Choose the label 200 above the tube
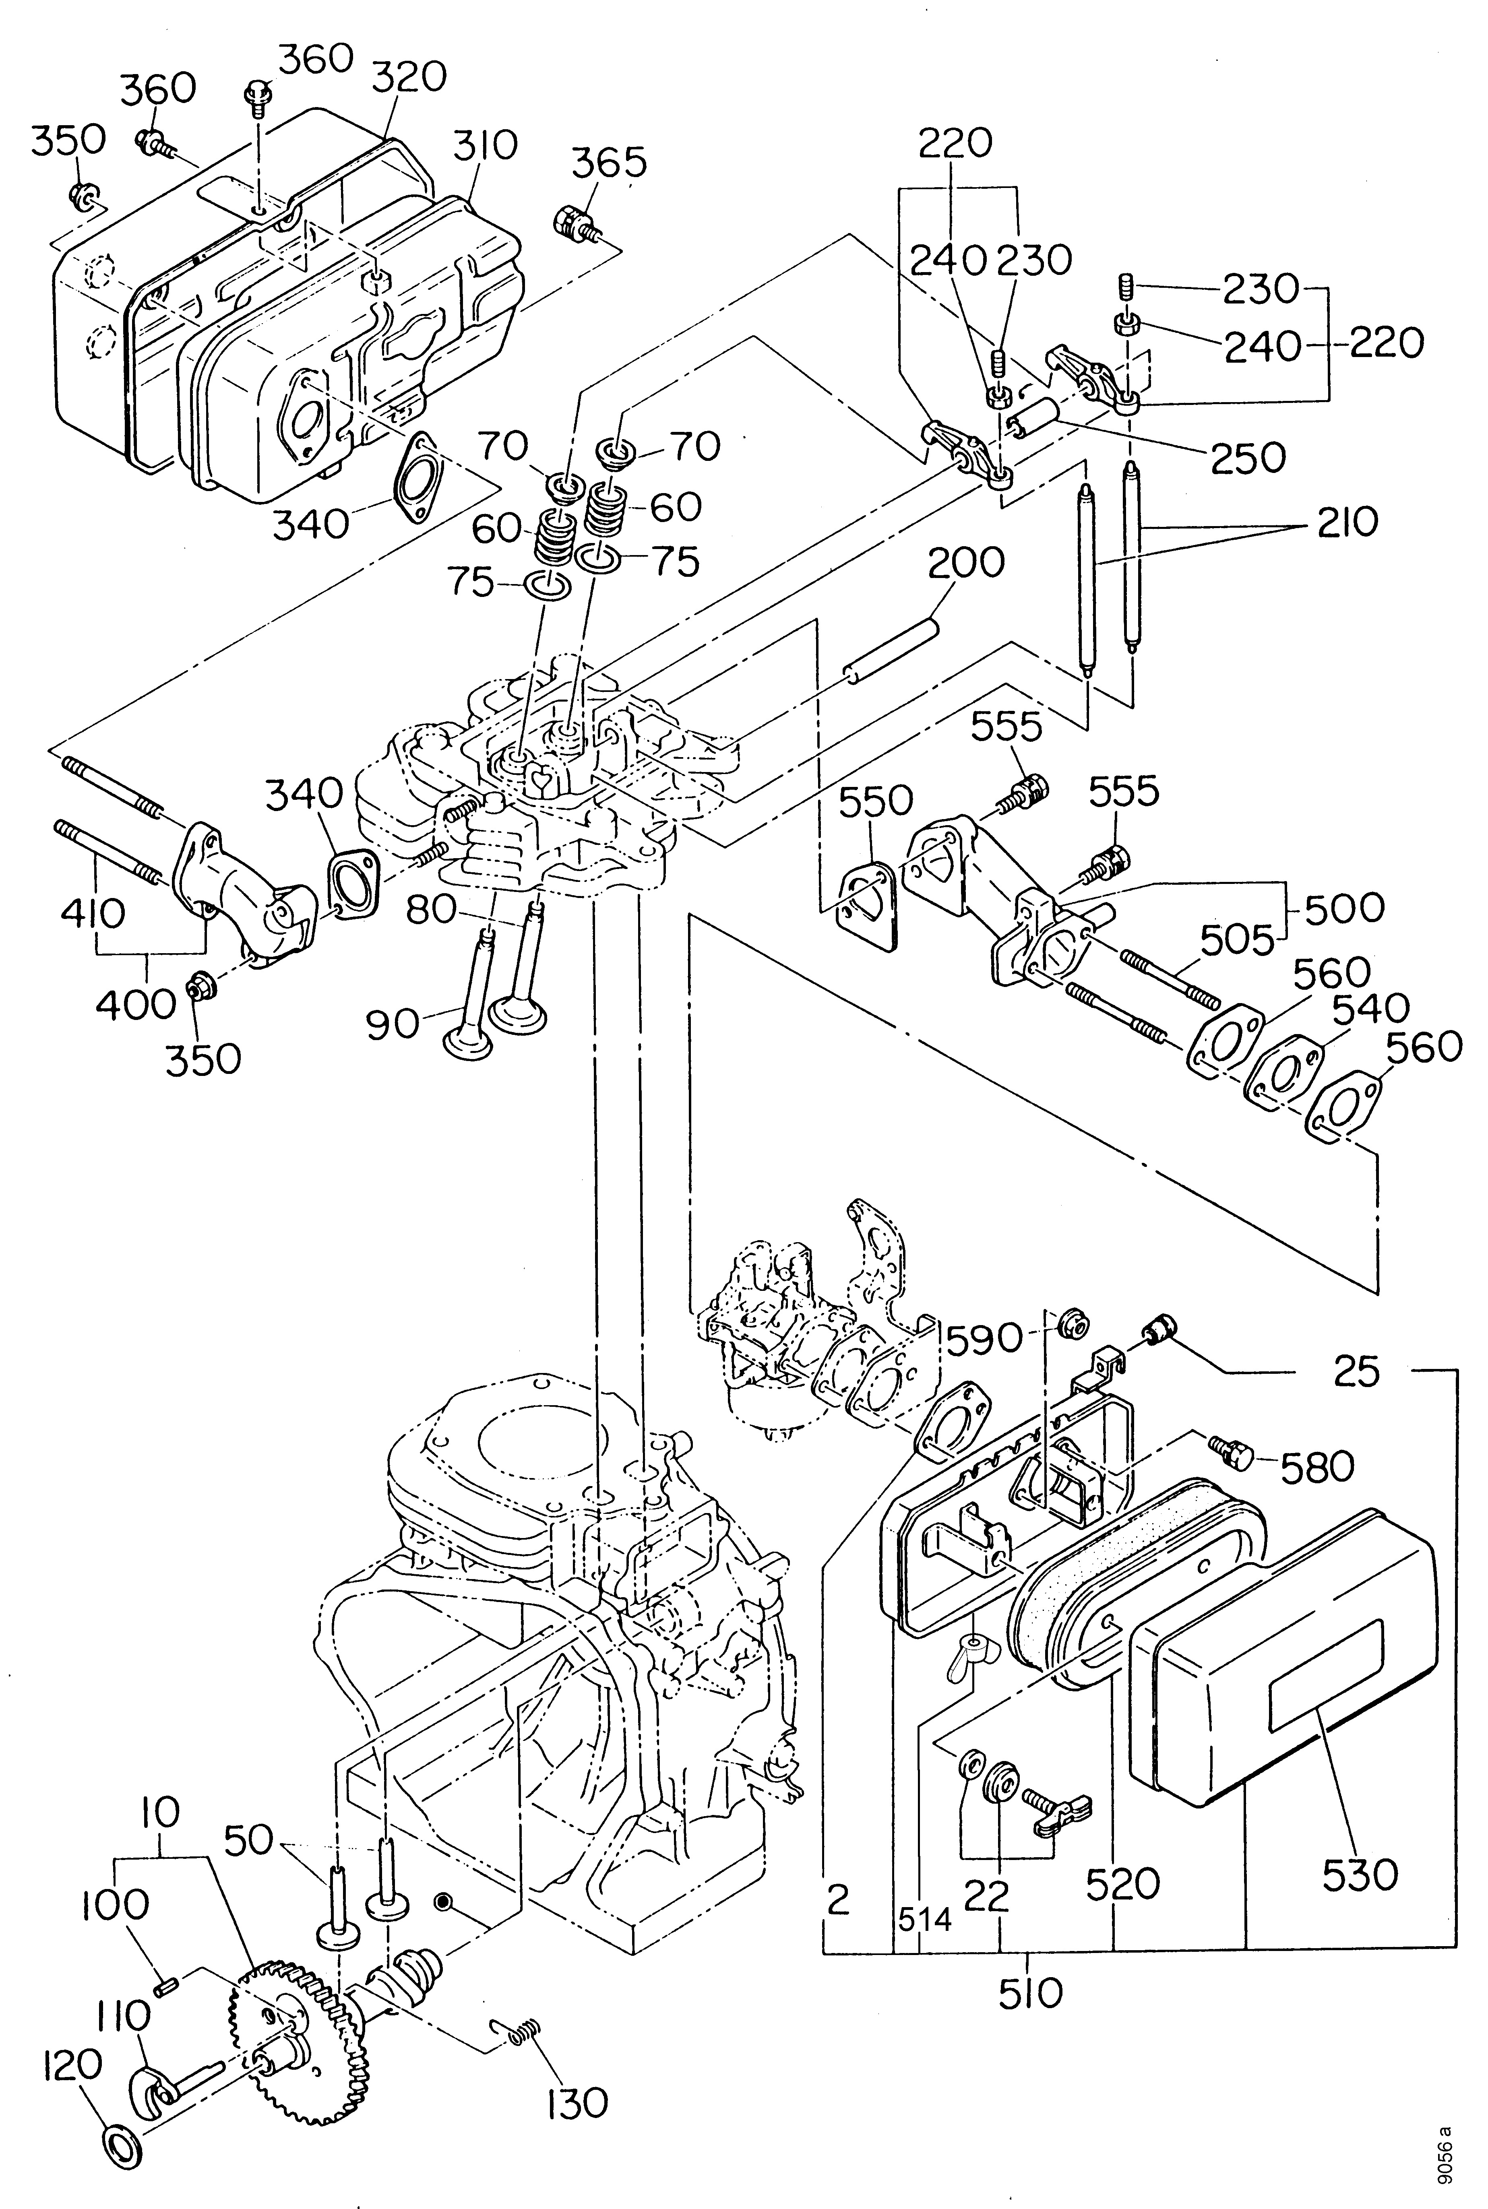966,563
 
